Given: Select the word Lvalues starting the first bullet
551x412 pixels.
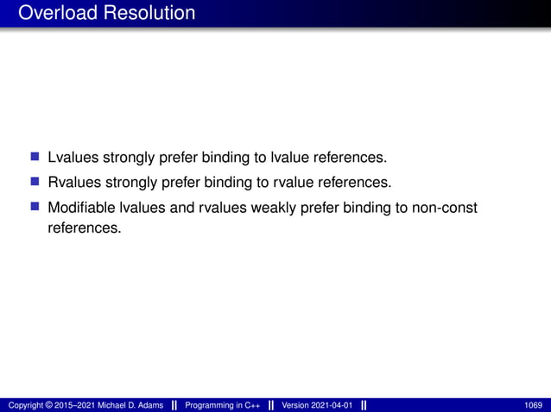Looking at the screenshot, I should pyautogui.click(x=73, y=159).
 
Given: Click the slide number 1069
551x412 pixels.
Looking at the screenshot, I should pyautogui.click(x=534, y=405).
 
